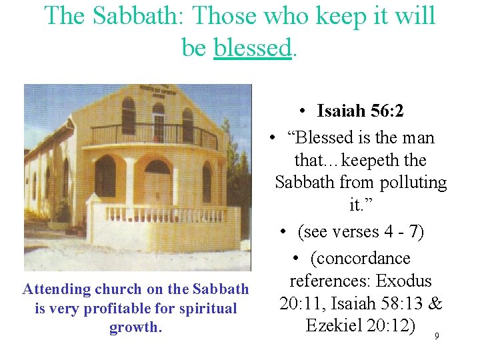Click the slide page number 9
(437, 336)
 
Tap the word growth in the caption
(136, 328)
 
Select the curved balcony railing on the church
(153, 135)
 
